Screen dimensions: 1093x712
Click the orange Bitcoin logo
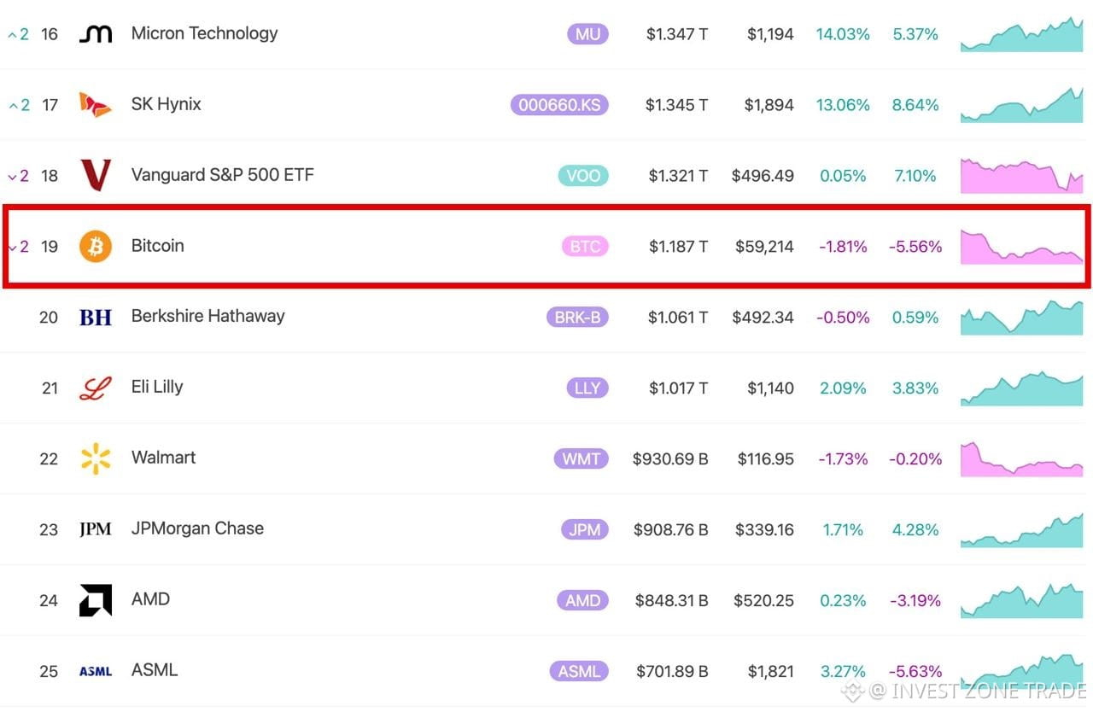[96, 246]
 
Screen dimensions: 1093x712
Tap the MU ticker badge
[587, 34]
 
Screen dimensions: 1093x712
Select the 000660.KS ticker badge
[559, 105]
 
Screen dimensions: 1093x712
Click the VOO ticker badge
[583, 176]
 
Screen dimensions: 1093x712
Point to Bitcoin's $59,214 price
[764, 246]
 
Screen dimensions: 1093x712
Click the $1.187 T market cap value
[678, 246]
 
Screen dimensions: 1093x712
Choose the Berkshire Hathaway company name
[207, 317]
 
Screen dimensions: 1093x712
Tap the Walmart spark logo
[96, 458]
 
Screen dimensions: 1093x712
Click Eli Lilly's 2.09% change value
[843, 388]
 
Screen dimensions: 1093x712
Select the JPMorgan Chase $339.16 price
[764, 529]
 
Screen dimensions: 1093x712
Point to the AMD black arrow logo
[96, 600]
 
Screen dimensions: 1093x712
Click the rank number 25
[49, 671]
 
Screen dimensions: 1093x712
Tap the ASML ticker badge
[579, 671]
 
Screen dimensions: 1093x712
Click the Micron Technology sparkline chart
[1022, 34]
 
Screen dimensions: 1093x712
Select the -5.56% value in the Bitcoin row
[915, 246]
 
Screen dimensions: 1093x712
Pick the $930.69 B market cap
[670, 459]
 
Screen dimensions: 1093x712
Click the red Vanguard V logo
[96, 175]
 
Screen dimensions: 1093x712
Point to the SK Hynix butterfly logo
[95, 104]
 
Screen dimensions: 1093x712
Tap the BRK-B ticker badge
[577, 318]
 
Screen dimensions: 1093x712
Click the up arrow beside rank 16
[12, 35]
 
